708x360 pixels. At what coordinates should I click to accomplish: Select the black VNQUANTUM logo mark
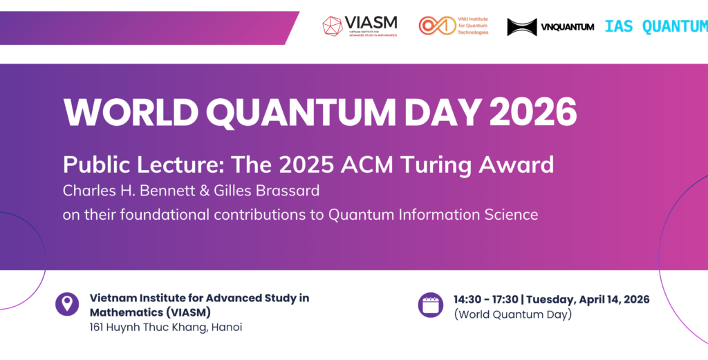click(521, 27)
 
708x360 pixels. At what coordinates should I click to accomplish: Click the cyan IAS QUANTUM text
click(655, 26)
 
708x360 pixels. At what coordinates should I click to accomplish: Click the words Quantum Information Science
click(433, 214)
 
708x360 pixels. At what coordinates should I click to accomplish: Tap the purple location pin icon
click(67, 304)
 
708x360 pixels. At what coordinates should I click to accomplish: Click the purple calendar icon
click(430, 305)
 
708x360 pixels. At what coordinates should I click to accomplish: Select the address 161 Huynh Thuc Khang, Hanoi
click(166, 327)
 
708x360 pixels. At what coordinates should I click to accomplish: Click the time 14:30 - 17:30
click(485, 299)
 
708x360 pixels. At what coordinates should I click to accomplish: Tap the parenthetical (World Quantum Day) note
click(512, 314)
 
